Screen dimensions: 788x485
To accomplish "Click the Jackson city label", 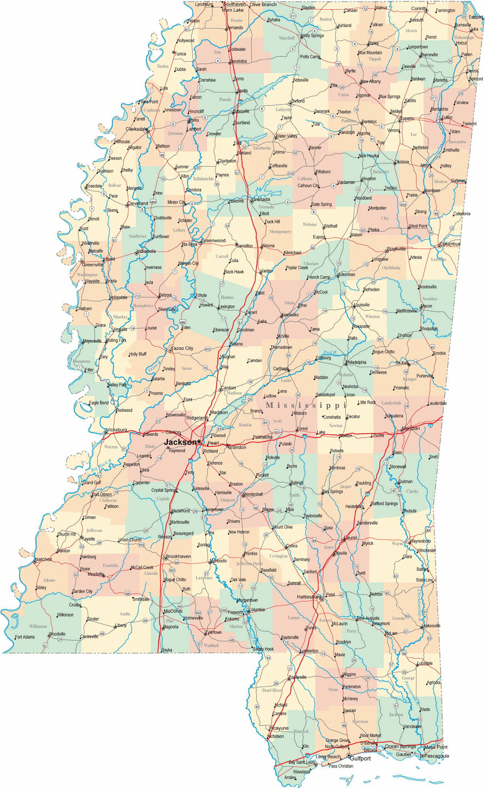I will point(180,442).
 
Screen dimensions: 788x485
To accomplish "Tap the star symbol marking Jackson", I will point(199,442).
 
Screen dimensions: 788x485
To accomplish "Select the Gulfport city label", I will point(360,758).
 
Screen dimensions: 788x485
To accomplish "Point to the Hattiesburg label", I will point(309,597).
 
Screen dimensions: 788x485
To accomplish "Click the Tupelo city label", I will point(407,118).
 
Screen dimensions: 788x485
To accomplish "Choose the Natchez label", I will point(43,559).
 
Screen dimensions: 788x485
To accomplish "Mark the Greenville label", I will point(92,265).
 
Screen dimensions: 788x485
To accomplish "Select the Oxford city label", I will point(297,101).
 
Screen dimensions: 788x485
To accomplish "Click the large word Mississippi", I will point(306,405).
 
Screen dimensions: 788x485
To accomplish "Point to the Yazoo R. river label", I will point(154,367).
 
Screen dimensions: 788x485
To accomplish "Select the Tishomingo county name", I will point(463,37).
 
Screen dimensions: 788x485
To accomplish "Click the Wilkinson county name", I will point(38,626).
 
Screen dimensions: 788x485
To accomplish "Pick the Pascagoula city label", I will point(436,756).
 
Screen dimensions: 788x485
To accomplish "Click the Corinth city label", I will point(419,8).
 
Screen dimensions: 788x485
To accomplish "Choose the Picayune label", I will point(279,728).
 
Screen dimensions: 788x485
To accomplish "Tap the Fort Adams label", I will point(25,637).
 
